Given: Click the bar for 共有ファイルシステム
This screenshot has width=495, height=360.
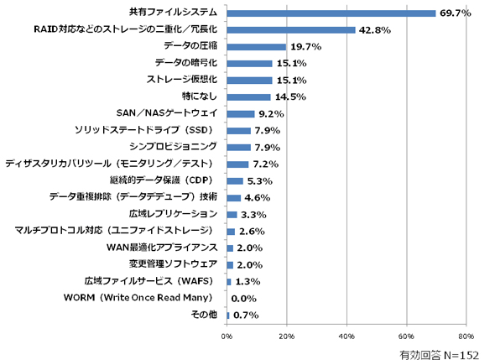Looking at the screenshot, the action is click(331, 13).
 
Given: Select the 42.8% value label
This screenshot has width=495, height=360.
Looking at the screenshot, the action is click(375, 30).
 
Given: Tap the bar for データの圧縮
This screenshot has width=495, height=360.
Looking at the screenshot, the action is click(257, 47).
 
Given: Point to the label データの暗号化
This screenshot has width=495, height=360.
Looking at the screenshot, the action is click(186, 63).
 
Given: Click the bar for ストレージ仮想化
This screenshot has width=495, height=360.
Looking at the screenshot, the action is click(249, 81).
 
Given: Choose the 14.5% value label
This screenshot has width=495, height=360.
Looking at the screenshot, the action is click(290, 97).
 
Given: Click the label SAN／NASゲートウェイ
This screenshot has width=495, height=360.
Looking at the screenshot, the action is click(167, 112).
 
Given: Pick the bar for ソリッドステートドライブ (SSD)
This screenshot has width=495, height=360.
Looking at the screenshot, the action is click(238, 131).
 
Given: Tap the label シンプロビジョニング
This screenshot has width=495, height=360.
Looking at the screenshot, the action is click(173, 146).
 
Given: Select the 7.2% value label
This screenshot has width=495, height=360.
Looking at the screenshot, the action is click(266, 164).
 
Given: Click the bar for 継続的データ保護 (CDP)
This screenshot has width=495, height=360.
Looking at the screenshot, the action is click(235, 181).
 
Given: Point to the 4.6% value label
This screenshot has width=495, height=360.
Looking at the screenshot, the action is click(258, 198).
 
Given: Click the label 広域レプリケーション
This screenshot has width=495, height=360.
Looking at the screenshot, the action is click(173, 214).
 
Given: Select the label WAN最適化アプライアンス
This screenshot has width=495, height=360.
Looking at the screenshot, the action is click(162, 248).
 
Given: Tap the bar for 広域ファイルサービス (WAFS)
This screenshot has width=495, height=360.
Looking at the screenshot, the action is click(229, 282).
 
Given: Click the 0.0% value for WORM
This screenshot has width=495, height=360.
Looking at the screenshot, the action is click(243, 299).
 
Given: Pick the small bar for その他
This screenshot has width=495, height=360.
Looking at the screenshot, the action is click(228, 316).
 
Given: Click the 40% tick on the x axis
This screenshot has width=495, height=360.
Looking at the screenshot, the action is click(346, 337).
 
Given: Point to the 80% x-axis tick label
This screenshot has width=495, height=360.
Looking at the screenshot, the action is click(466, 337).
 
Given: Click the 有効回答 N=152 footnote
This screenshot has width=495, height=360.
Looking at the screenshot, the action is click(439, 355).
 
